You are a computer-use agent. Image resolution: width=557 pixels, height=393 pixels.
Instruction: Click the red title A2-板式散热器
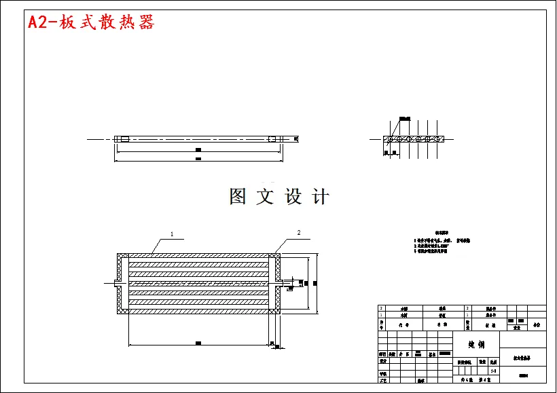(91, 22)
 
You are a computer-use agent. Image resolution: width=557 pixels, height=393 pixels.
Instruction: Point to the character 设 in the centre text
(293, 197)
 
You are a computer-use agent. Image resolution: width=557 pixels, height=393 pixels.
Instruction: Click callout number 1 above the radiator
(172, 234)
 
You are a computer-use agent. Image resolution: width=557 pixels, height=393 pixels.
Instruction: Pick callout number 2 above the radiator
(298, 233)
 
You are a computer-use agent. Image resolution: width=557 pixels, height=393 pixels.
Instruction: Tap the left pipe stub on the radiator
(113, 282)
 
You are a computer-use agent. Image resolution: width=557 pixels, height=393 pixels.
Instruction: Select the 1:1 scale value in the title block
(493, 371)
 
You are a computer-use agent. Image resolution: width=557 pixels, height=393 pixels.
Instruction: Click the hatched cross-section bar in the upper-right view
(414, 139)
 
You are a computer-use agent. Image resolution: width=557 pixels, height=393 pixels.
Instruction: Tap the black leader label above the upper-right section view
(405, 119)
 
